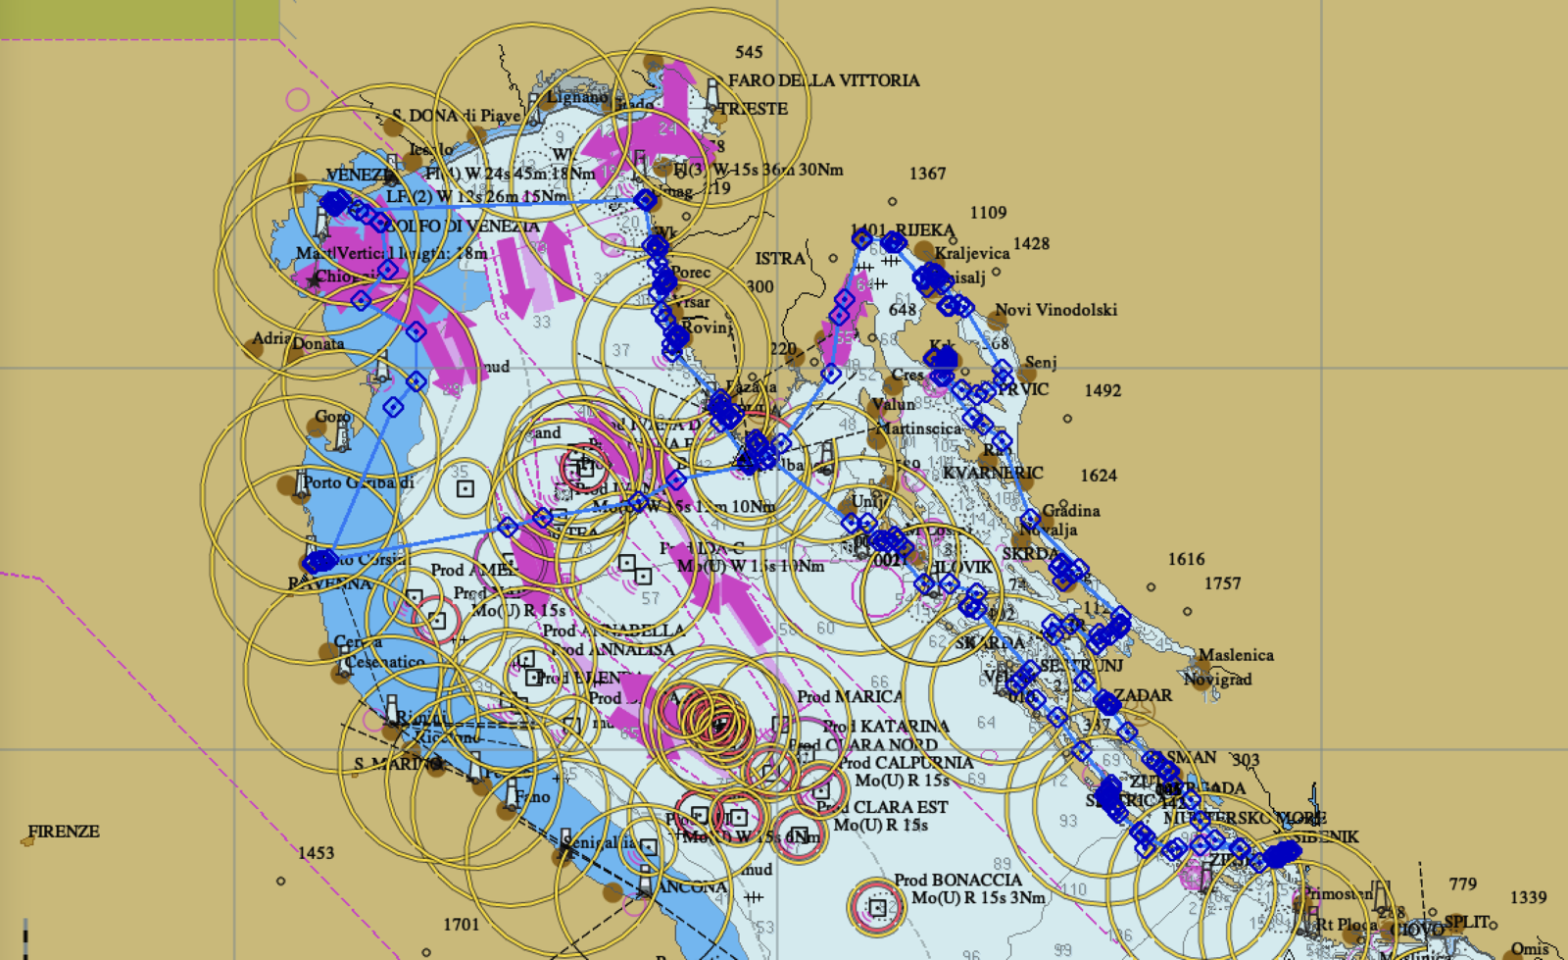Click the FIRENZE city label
point(64,832)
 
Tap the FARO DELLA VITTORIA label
point(823,80)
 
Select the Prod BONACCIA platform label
point(957,881)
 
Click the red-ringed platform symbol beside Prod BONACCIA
point(877,908)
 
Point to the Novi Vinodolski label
point(1055,310)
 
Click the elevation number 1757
point(1222,583)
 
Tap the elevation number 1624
point(1098,476)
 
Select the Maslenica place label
point(1235,655)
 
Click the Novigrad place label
point(1217,679)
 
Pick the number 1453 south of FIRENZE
point(316,853)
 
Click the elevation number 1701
point(461,924)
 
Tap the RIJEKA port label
point(924,230)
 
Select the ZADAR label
point(1143,695)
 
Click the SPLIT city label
point(1466,923)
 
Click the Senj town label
point(1041,363)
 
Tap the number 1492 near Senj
point(1102,390)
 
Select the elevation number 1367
point(927,174)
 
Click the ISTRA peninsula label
point(780,259)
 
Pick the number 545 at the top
point(748,52)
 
